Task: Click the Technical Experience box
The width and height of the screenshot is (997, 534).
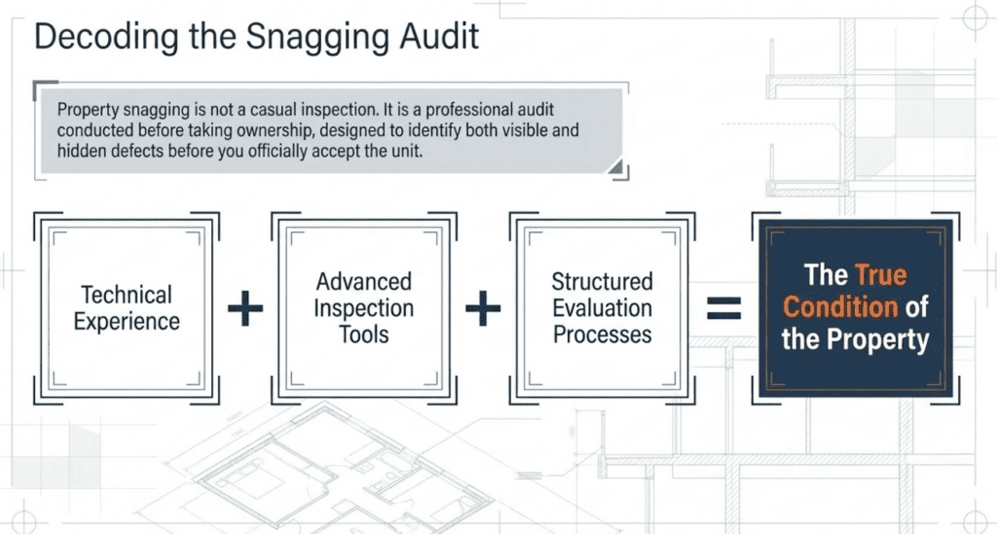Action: [x=127, y=307]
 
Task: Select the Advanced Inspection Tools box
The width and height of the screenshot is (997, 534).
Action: [x=364, y=307]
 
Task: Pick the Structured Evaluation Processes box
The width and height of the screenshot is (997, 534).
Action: [x=602, y=307]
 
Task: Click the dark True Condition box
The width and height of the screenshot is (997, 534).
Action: [x=855, y=307]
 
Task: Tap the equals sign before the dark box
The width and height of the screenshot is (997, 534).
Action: [x=723, y=309]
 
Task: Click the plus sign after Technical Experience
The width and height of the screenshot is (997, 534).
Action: [x=245, y=310]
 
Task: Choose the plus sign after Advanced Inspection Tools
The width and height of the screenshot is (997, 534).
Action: [x=482, y=310]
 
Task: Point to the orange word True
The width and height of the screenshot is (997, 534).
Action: [x=881, y=275]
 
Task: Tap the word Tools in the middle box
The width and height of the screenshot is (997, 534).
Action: [x=365, y=335]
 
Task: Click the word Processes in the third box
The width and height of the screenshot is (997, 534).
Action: [x=603, y=335]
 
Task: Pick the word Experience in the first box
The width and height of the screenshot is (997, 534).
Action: [x=127, y=321]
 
